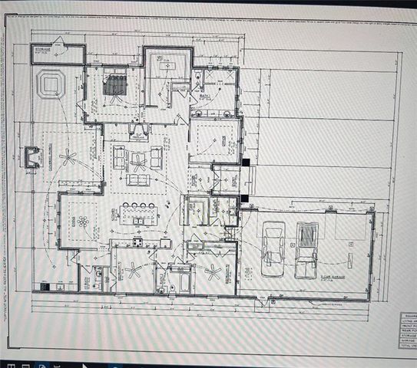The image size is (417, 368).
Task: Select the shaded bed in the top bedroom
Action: coord(114,86)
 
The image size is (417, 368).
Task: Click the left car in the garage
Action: coord(273,247)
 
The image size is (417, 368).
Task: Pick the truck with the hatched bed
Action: coord(307,247)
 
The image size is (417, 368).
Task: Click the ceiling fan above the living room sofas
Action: coord(138,160)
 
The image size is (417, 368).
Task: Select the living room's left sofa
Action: coord(119,157)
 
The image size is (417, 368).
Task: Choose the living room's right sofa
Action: coord(157,158)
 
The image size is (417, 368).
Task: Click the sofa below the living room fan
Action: coord(138,179)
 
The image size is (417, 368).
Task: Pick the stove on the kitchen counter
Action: coord(138,242)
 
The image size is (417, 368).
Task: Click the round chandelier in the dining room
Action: coord(82,222)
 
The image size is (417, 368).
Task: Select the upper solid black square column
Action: coord(245,163)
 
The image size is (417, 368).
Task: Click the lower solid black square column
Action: coord(243,199)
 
